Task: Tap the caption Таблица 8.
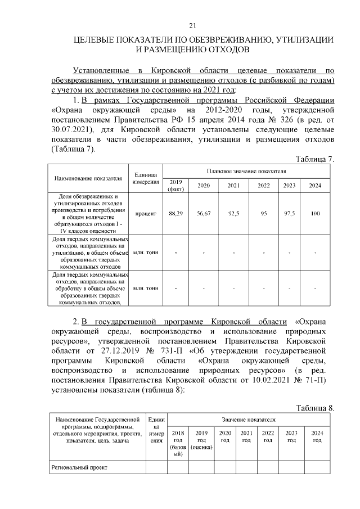click(x=315, y=408)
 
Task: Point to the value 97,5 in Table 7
click(x=289, y=214)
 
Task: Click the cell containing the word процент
click(x=146, y=214)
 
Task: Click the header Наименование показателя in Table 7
click(x=88, y=178)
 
